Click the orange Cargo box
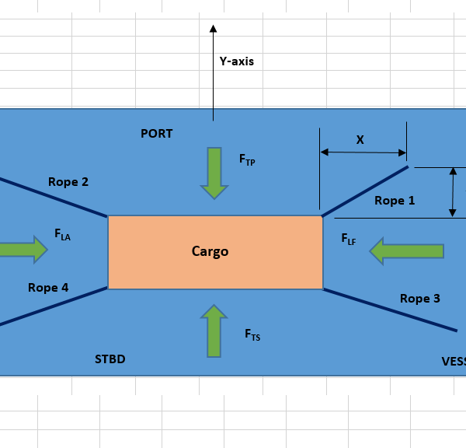click(215, 252)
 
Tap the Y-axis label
click(237, 61)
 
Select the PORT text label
click(156, 134)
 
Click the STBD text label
click(110, 359)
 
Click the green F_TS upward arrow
click(214, 331)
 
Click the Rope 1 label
click(395, 201)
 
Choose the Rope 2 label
click(68, 182)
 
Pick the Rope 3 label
click(420, 298)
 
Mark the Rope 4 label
click(48, 288)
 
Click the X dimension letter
click(360, 140)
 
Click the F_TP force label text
click(247, 159)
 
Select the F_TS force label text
click(252, 334)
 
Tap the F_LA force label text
click(62, 233)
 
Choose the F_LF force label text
click(349, 240)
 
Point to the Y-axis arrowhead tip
click(213, 26)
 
